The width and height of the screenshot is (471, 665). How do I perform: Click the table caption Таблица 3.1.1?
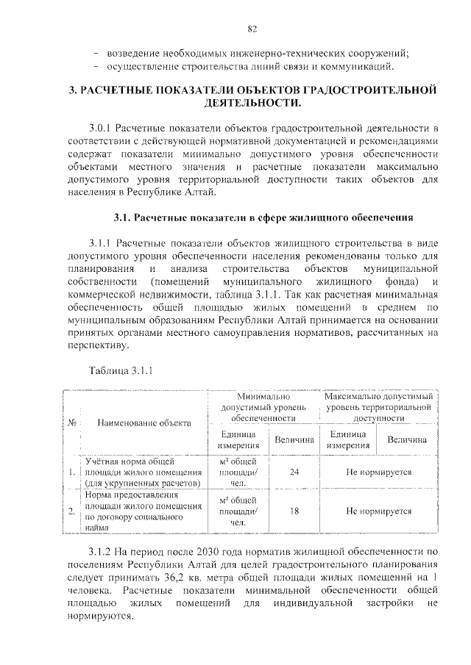pos(121,370)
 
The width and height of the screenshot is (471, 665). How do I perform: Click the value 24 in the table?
pos(294,472)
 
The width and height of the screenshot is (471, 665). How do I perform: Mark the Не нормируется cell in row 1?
pos(378,472)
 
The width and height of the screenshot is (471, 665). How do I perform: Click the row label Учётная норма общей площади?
pos(140,472)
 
